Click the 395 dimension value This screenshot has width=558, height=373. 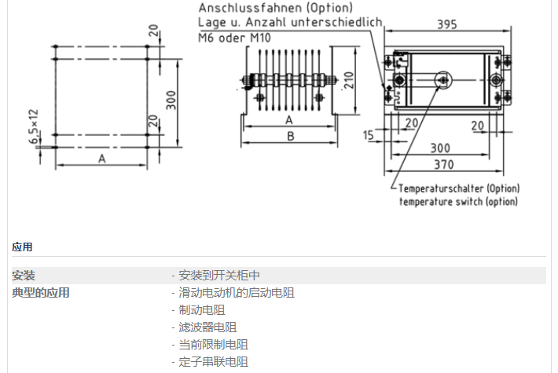point(446,24)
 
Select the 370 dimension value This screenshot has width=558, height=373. point(445,164)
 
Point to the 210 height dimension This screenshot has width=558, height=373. point(350,79)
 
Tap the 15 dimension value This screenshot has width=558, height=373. point(369,135)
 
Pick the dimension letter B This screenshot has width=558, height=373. point(290,136)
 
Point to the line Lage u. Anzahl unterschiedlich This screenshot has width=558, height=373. point(289,22)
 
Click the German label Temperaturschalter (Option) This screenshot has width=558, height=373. point(459,188)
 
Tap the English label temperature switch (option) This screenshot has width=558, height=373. point(458,202)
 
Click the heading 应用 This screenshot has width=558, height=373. point(22,247)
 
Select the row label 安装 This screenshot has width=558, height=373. point(24,276)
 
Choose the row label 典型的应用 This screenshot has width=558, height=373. point(41,293)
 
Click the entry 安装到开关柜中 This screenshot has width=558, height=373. point(217,276)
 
